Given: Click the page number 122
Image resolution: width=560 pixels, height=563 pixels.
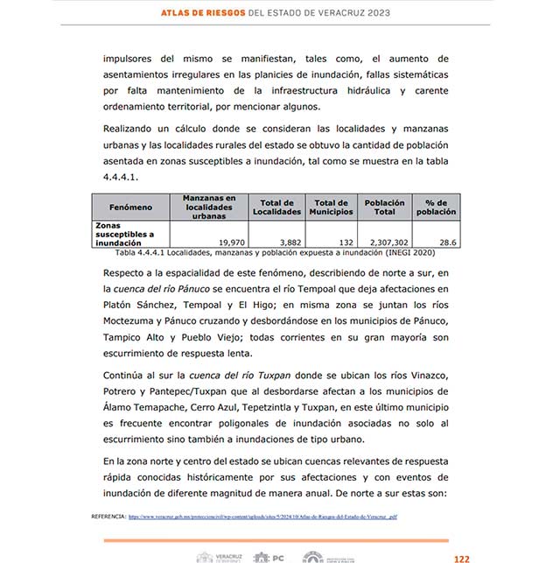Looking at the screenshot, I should (x=461, y=557).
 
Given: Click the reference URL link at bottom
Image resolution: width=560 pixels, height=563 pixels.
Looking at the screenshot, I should (x=263, y=517).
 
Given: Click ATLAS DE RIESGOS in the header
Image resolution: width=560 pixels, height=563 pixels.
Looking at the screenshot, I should (x=209, y=14).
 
